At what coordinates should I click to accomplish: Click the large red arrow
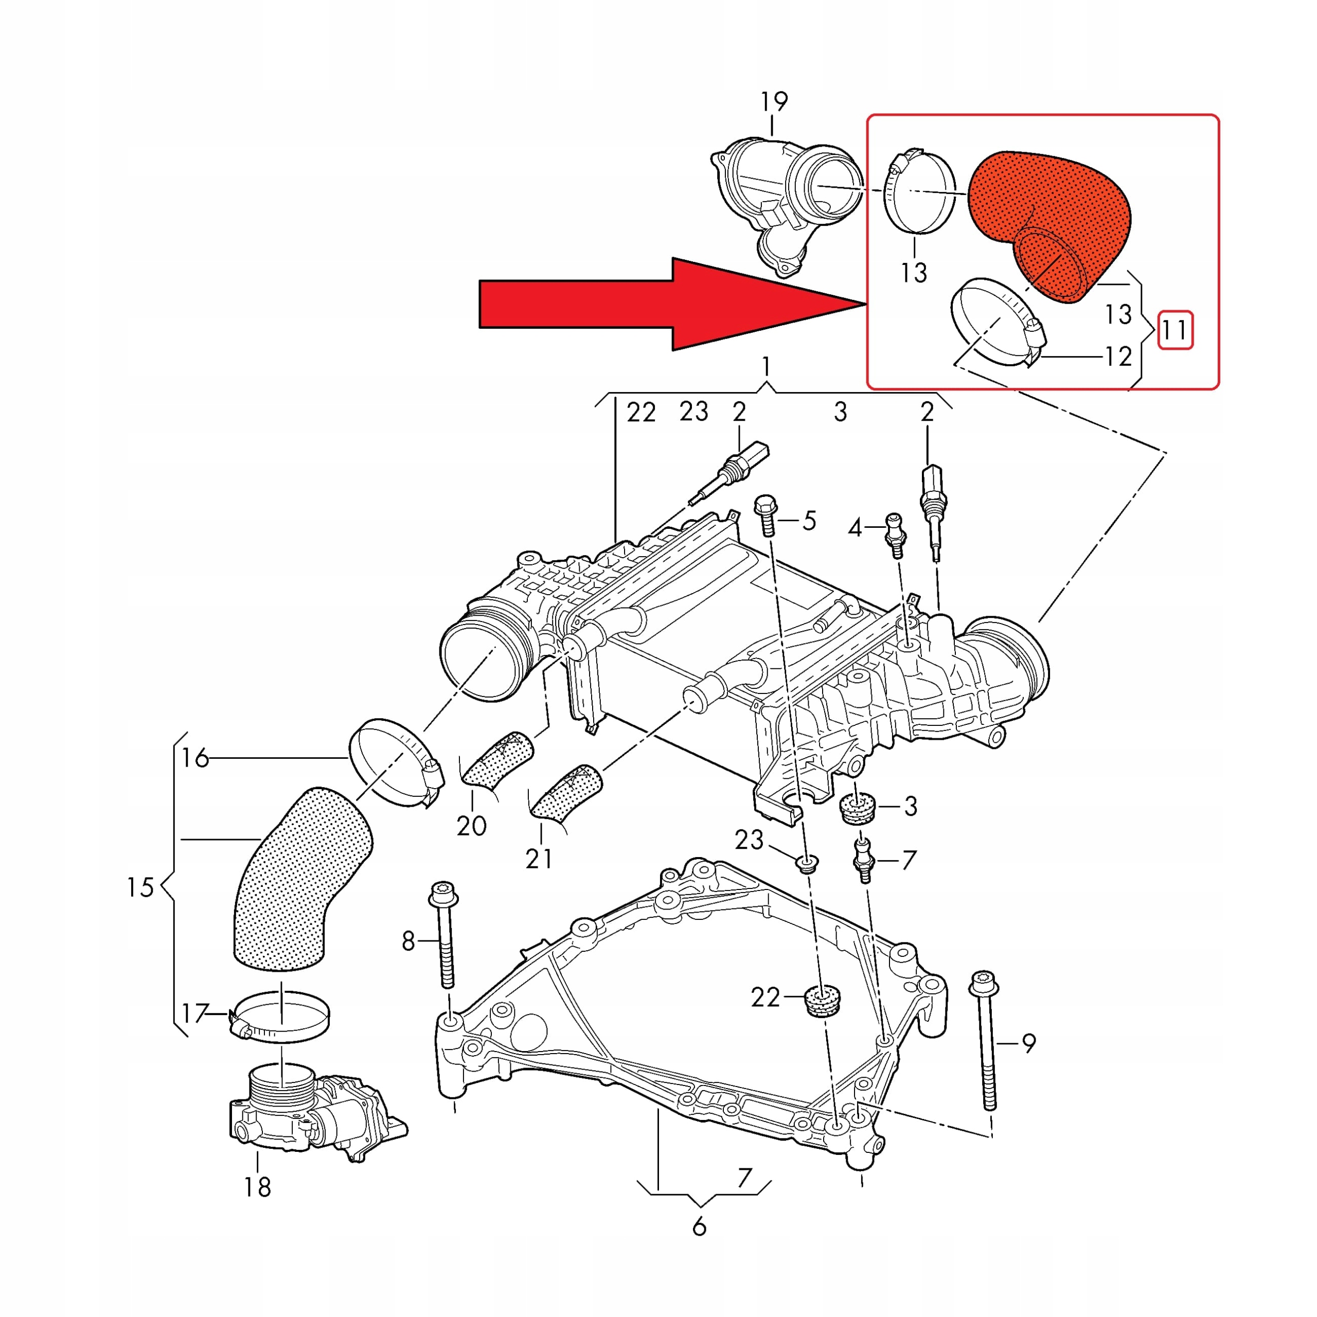(x=654, y=304)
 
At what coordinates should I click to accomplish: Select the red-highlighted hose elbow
(x=1050, y=218)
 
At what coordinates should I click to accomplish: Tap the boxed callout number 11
(x=1175, y=331)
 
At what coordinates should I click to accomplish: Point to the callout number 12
(x=1118, y=357)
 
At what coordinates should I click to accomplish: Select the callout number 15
(x=140, y=887)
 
